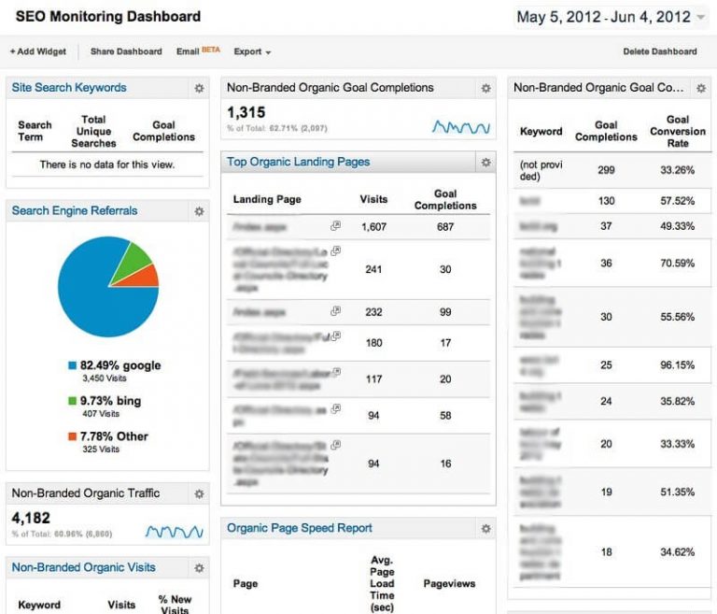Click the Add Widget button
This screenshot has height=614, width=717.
pyautogui.click(x=38, y=51)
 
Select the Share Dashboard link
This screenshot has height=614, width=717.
pyautogui.click(x=125, y=51)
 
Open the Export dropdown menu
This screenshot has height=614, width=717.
pyautogui.click(x=252, y=51)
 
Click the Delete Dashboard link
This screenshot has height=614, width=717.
pyautogui.click(x=659, y=51)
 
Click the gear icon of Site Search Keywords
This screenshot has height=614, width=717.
pyautogui.click(x=199, y=89)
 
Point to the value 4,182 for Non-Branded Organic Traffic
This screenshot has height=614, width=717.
pyautogui.click(x=30, y=517)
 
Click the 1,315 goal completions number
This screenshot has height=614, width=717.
pyautogui.click(x=246, y=113)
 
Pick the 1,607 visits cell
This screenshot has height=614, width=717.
pyautogui.click(x=373, y=226)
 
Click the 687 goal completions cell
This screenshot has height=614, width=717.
pyautogui.click(x=445, y=226)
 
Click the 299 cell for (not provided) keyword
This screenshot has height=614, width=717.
pyautogui.click(x=606, y=170)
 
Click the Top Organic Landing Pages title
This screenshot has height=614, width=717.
pyautogui.click(x=298, y=163)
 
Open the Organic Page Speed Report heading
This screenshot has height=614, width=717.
pyautogui.click(x=299, y=528)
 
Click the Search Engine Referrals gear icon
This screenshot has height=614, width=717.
pyautogui.click(x=199, y=212)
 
